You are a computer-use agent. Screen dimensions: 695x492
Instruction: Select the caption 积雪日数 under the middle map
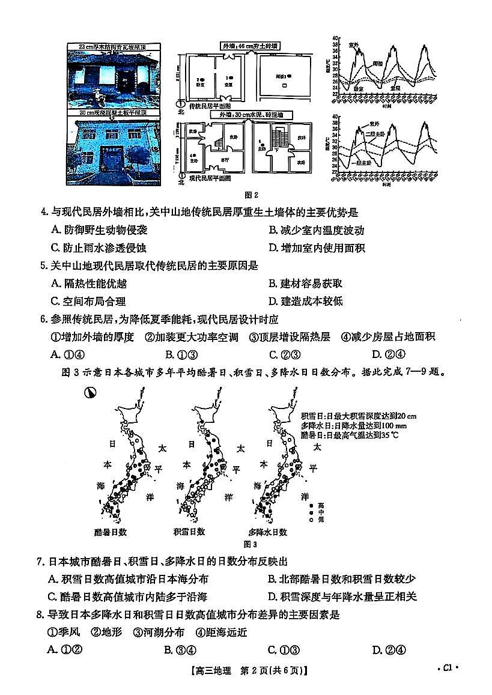[189, 532]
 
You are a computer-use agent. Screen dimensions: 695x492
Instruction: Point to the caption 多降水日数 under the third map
[267, 532]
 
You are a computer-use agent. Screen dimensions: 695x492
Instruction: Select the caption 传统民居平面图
[209, 105]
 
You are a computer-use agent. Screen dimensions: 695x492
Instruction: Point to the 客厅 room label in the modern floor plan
[224, 160]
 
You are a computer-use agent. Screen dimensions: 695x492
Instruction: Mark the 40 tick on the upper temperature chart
[335, 38]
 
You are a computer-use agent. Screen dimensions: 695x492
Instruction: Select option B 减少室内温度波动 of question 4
[316, 230]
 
